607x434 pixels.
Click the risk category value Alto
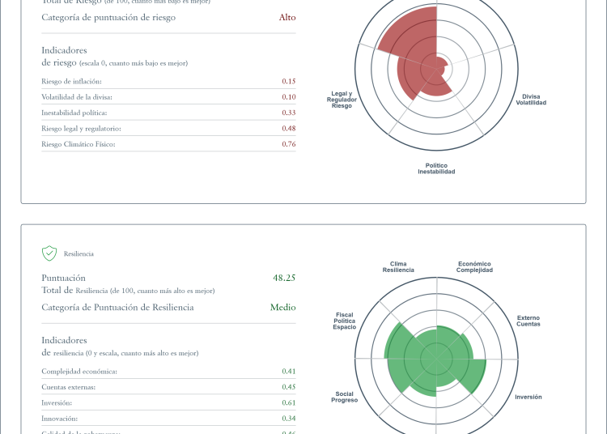[287, 17]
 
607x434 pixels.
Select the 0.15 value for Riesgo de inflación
[289, 81]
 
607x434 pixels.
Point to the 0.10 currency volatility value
[289, 96]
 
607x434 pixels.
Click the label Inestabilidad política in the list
[74, 113]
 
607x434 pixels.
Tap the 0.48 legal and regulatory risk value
[289, 128]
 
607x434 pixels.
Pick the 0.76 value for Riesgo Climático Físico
[289, 144]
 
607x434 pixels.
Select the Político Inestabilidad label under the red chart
[436, 168]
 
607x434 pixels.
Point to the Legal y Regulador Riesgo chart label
[342, 100]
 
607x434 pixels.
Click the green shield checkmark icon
[49, 253]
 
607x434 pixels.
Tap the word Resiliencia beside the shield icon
[79, 254]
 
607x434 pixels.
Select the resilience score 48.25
[284, 278]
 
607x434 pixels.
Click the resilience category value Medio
[282, 308]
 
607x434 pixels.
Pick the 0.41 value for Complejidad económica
[289, 371]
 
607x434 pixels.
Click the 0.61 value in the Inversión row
[289, 402]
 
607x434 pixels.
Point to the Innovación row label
[59, 419]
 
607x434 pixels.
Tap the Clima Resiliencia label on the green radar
[398, 266]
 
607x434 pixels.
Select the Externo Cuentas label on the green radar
[528, 321]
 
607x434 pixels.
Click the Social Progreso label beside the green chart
[344, 397]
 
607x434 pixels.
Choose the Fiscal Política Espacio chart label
[344, 321]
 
